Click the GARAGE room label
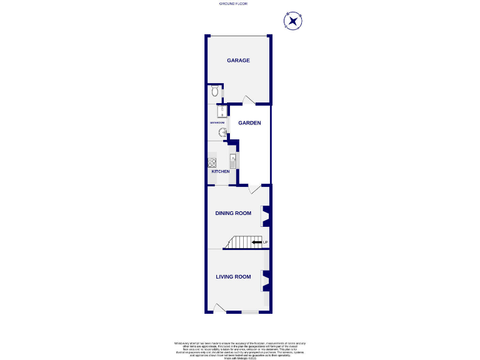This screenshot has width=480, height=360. [x=238, y=61]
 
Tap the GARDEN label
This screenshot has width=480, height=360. [x=249, y=123]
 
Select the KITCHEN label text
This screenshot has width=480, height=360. [x=220, y=171]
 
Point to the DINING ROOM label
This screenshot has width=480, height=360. [x=233, y=213]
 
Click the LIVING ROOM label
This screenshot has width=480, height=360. [x=233, y=277]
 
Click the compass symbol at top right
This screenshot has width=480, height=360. [x=292, y=21]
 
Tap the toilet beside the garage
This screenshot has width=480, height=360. [x=215, y=92]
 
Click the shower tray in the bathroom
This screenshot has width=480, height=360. [x=221, y=112]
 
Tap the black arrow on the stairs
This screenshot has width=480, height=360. [x=257, y=242]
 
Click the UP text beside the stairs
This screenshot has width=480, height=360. [x=265, y=242]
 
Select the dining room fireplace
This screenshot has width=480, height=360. [x=266, y=215]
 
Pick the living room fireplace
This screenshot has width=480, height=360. [x=266, y=281]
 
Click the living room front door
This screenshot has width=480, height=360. [x=219, y=308]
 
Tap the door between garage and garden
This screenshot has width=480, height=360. [x=248, y=100]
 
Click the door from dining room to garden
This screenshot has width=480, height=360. [x=254, y=189]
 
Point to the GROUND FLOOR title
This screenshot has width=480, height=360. [x=233, y=4]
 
